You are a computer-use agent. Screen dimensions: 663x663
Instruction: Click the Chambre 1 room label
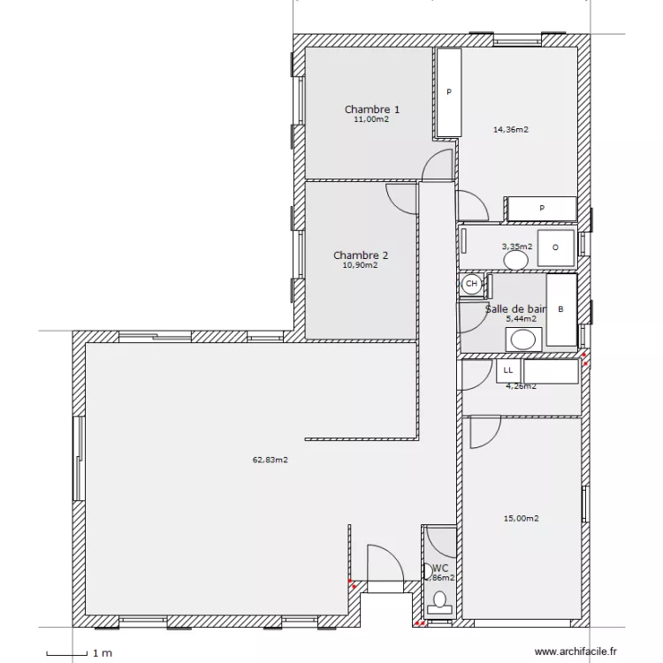click(371, 110)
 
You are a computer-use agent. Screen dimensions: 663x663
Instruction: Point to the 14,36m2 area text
click(510, 129)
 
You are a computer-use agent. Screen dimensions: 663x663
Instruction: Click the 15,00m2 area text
click(521, 519)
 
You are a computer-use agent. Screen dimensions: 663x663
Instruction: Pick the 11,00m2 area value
click(371, 119)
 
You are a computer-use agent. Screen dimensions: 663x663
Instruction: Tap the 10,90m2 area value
click(360, 264)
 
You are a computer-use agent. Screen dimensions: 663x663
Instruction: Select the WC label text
click(440, 568)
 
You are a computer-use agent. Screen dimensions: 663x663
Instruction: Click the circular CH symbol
click(471, 284)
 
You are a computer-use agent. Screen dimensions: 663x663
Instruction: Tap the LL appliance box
click(508, 370)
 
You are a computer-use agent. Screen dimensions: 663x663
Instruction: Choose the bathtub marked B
click(560, 310)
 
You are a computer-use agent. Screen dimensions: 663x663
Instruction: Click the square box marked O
click(556, 247)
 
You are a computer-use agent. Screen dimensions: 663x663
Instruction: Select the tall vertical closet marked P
click(449, 93)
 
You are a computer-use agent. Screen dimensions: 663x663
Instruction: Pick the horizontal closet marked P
click(541, 209)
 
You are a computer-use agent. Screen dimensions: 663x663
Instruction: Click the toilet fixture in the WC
click(438, 603)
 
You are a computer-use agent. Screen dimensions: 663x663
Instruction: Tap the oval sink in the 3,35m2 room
click(515, 261)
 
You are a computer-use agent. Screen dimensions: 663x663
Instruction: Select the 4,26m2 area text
click(520, 385)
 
